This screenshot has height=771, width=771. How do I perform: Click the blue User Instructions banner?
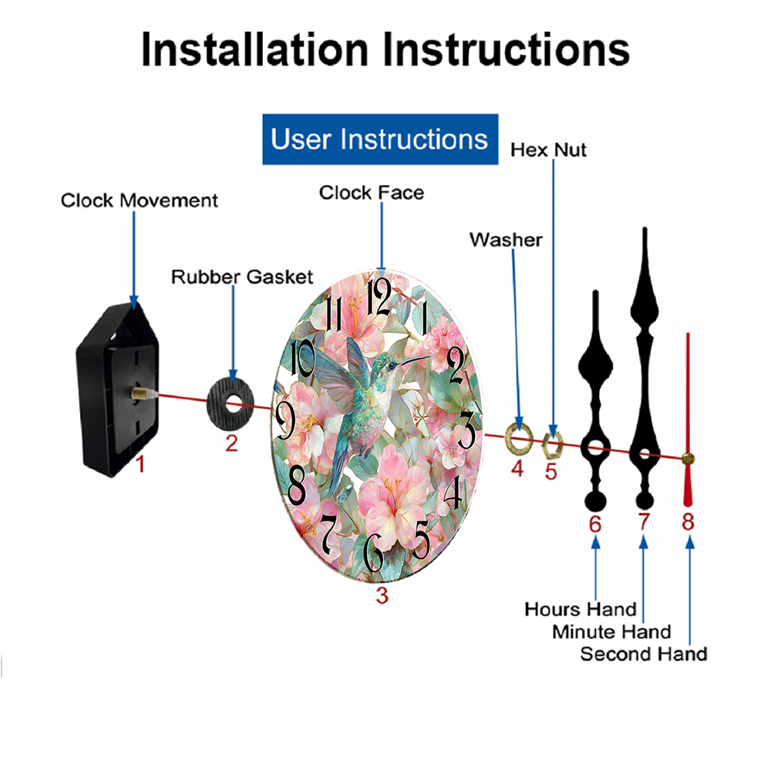(x=380, y=139)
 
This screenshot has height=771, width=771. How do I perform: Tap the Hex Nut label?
(x=548, y=150)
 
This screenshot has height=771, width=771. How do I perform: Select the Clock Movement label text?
(x=139, y=200)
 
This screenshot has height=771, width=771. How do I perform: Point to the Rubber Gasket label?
(x=242, y=277)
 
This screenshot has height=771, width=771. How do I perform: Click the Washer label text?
(x=506, y=240)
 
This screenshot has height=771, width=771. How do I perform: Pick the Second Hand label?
(x=644, y=654)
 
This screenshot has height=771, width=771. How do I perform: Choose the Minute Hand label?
(x=611, y=631)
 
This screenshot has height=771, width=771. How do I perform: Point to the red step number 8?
(x=688, y=522)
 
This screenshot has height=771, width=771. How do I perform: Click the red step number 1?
(x=140, y=464)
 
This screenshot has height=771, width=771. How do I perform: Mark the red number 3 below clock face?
(x=382, y=595)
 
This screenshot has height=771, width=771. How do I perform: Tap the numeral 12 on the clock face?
(x=379, y=297)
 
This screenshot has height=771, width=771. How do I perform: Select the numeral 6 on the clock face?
(x=374, y=552)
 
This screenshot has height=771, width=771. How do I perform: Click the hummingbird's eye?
(x=392, y=365)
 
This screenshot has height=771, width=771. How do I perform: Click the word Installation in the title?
(x=254, y=49)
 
